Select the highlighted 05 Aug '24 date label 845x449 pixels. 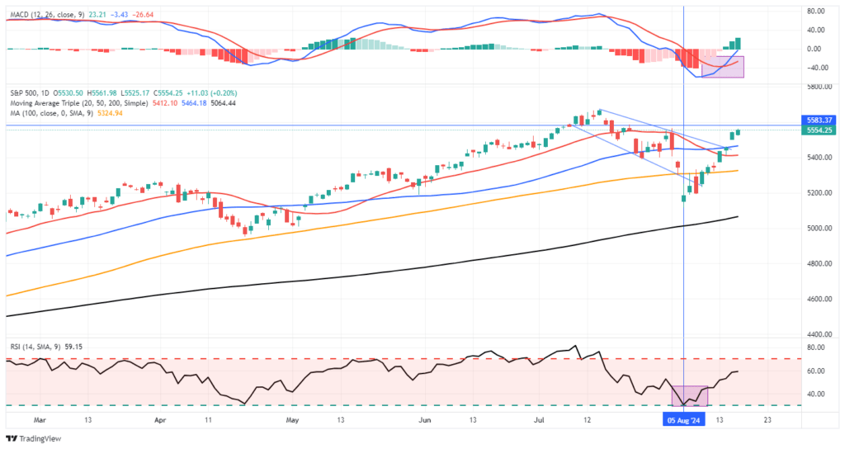(x=683, y=420)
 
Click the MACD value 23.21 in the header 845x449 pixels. (x=100, y=14)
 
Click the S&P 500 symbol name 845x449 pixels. (x=24, y=92)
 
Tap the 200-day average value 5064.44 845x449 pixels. (x=219, y=103)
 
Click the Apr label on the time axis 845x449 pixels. (x=160, y=420)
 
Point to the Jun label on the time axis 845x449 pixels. (x=424, y=420)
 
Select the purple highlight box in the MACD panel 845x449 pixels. (x=723, y=67)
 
